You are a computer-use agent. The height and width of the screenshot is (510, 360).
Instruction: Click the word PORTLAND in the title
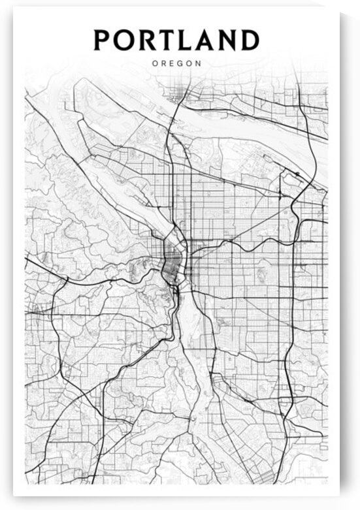(x=176, y=40)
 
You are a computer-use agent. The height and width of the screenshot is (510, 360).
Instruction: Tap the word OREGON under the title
(x=176, y=64)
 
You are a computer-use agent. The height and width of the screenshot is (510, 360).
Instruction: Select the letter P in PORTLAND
(x=103, y=40)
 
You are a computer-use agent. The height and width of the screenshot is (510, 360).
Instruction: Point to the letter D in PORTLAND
(x=249, y=40)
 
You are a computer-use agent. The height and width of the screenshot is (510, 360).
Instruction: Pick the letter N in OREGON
(x=199, y=64)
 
